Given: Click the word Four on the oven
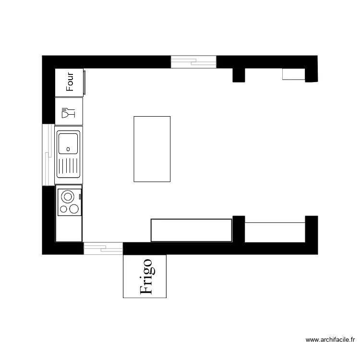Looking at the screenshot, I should pos(70,82).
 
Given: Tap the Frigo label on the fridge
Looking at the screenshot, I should pos(146,276).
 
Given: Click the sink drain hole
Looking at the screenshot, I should pos(68,148).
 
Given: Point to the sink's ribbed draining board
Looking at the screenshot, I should pos(68,166).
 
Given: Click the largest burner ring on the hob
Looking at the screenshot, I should pos(68,196).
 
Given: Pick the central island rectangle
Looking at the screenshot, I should pos(152,149).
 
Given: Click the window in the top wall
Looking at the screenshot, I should pos(193,61).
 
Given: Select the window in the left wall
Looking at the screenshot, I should pos(48,155).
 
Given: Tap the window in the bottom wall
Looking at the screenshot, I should pos(103,248).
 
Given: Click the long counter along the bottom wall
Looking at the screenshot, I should pos(192,230).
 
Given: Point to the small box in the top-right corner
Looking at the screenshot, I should pos(293,74).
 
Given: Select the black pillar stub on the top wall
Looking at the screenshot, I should pos(239,75).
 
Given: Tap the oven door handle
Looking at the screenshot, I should pos(85,82).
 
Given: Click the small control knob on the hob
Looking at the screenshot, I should pos(79,196).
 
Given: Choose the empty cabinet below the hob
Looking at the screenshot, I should pos(69,228).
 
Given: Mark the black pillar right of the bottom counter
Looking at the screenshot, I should pos(239,229).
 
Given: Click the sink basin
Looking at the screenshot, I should pos(68,143).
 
